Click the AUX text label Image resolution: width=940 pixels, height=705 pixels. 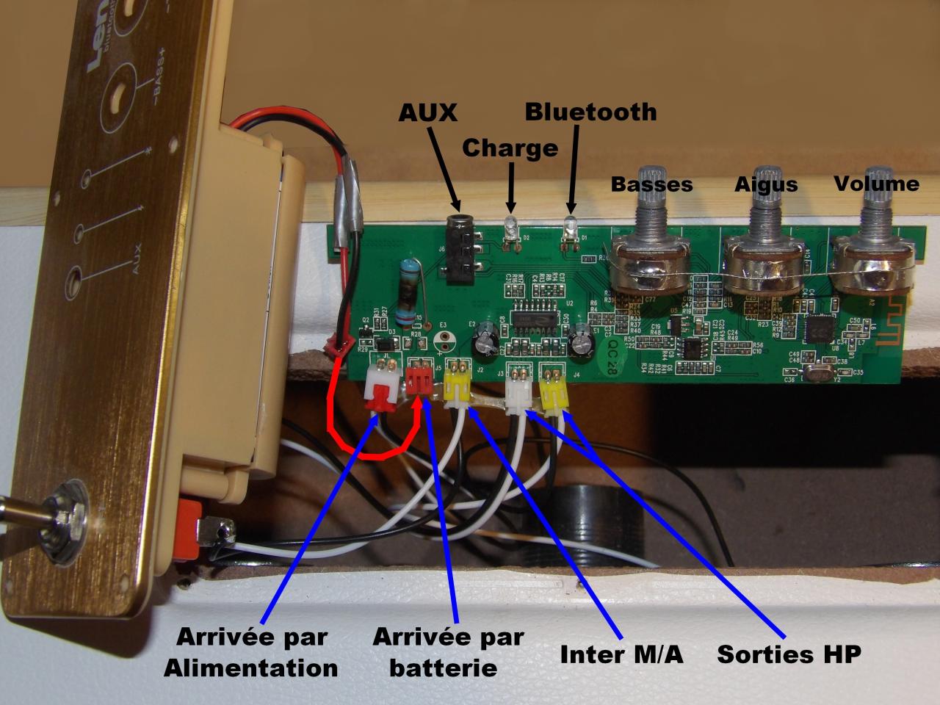coord(427,112)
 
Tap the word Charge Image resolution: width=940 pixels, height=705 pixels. coord(510,148)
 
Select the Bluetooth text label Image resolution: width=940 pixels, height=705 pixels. coord(590,112)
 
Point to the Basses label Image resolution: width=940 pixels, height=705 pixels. coord(651,184)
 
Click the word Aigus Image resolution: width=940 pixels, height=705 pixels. coord(766,184)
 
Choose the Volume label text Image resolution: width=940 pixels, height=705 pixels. coord(876,183)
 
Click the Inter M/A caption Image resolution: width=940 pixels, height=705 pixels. coord(621,654)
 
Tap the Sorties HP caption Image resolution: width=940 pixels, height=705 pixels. coord(788,654)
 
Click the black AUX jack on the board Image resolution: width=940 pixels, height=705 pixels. coord(460,250)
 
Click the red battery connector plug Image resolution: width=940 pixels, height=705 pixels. coord(419,380)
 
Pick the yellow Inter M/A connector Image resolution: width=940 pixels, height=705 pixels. coord(458,385)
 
